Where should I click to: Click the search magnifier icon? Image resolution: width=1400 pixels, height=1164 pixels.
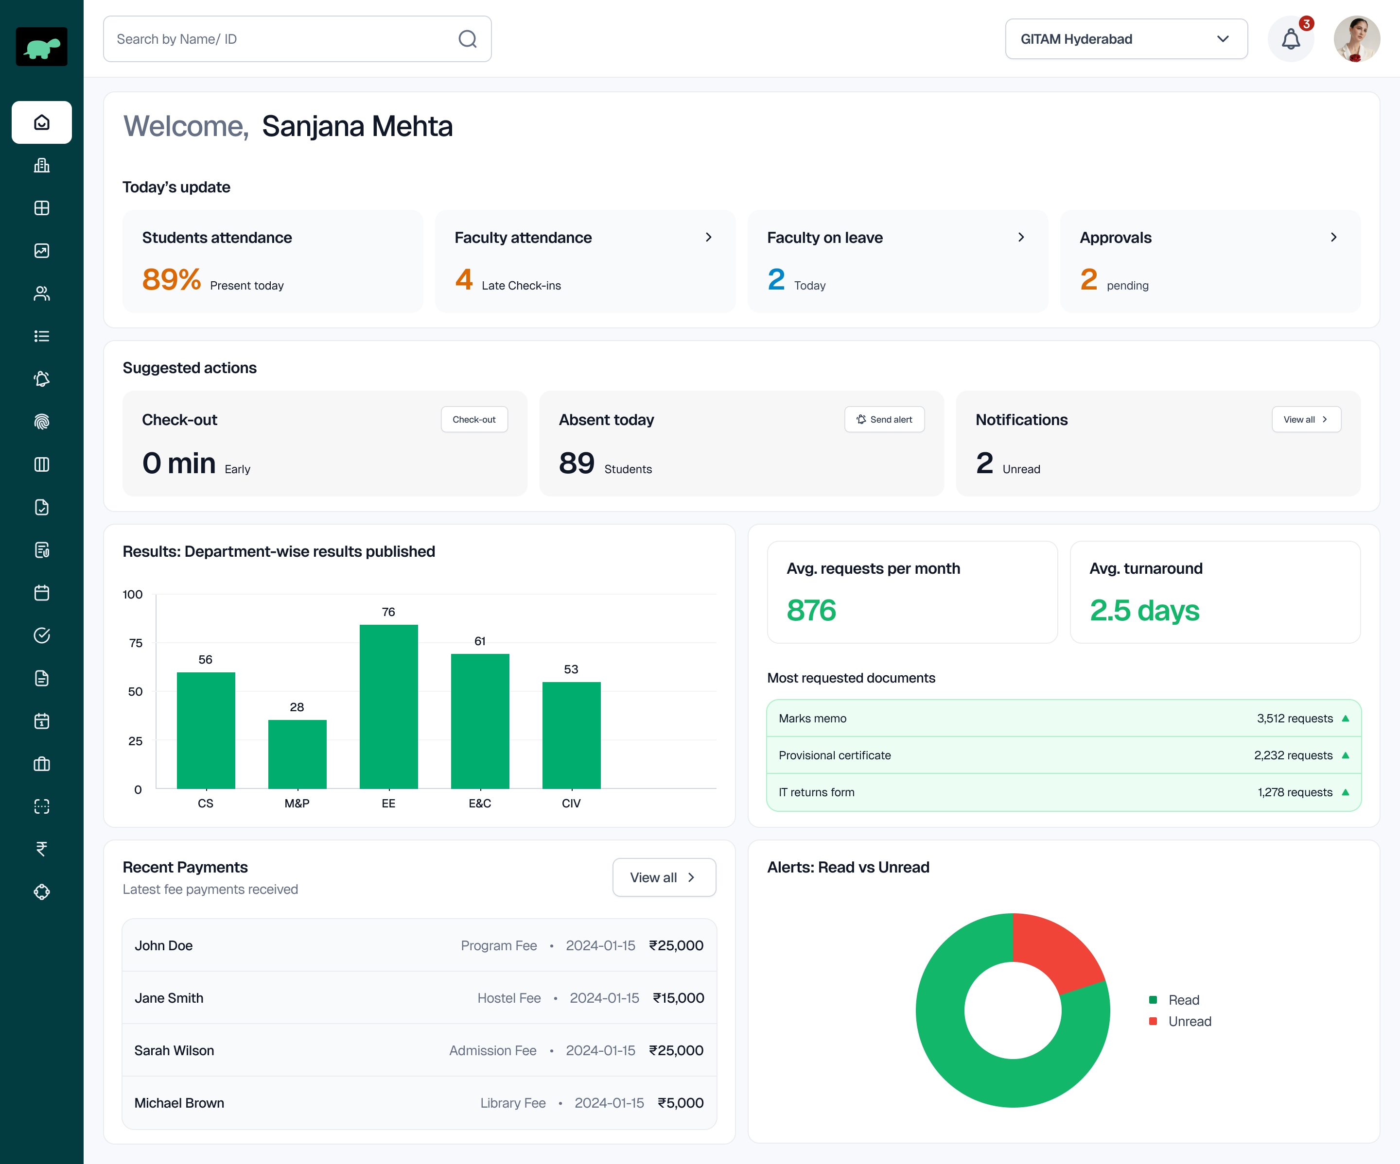(x=467, y=39)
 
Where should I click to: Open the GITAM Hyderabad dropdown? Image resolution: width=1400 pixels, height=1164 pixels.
(x=1125, y=39)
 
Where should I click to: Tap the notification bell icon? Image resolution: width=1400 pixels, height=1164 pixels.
(x=1291, y=39)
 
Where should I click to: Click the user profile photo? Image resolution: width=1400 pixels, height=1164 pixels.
(x=1356, y=39)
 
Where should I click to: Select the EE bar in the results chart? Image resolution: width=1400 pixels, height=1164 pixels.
(x=389, y=706)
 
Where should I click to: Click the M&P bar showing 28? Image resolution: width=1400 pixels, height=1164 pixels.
(x=297, y=754)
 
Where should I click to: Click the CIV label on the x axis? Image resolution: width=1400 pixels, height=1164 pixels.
(x=571, y=804)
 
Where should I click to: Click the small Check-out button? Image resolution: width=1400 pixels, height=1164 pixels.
(x=474, y=420)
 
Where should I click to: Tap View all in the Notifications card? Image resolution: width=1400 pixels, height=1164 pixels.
(x=1305, y=420)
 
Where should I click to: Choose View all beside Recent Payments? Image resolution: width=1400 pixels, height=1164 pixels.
(x=664, y=877)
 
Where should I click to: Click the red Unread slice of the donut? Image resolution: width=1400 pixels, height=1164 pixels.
(x=1053, y=949)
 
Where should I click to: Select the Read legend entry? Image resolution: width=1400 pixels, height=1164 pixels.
(x=1183, y=1000)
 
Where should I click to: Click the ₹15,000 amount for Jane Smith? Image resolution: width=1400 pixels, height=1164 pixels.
(x=678, y=998)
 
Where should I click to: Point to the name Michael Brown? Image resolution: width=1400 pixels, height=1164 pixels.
(x=179, y=1103)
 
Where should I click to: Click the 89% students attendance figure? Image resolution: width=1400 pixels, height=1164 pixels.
(x=171, y=280)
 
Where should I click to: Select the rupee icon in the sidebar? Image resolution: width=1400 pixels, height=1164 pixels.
(x=41, y=849)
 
